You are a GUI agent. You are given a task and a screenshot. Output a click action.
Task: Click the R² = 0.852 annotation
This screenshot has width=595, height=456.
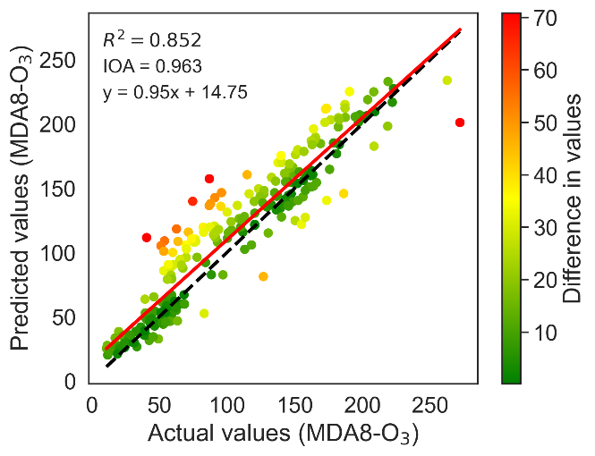pyautogui.click(x=152, y=39)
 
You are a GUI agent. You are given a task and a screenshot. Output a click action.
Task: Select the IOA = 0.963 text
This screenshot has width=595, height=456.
pyautogui.click(x=152, y=65)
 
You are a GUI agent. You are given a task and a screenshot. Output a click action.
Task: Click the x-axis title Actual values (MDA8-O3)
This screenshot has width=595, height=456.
pyautogui.click(x=284, y=435)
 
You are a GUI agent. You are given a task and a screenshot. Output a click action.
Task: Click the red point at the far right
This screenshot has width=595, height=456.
pyautogui.click(x=460, y=122)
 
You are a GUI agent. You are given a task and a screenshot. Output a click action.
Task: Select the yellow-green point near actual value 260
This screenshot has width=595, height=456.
pyautogui.click(x=446, y=80)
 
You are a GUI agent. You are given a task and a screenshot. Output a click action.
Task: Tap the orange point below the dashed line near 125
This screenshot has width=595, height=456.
pyautogui.click(x=263, y=276)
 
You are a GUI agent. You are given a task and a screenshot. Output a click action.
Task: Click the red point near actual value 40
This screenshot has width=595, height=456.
pyautogui.click(x=147, y=237)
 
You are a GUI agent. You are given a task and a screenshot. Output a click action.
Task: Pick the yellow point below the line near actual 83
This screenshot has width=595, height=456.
pyautogui.click(x=204, y=313)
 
